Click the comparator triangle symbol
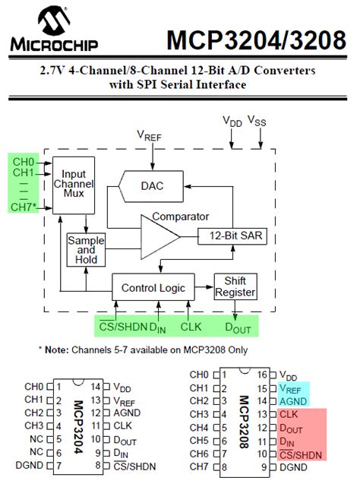[x=158, y=236]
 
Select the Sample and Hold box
[x=85, y=249]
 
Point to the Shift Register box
[x=235, y=286]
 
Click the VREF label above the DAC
[x=150, y=135]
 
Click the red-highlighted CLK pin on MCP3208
[x=289, y=414]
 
